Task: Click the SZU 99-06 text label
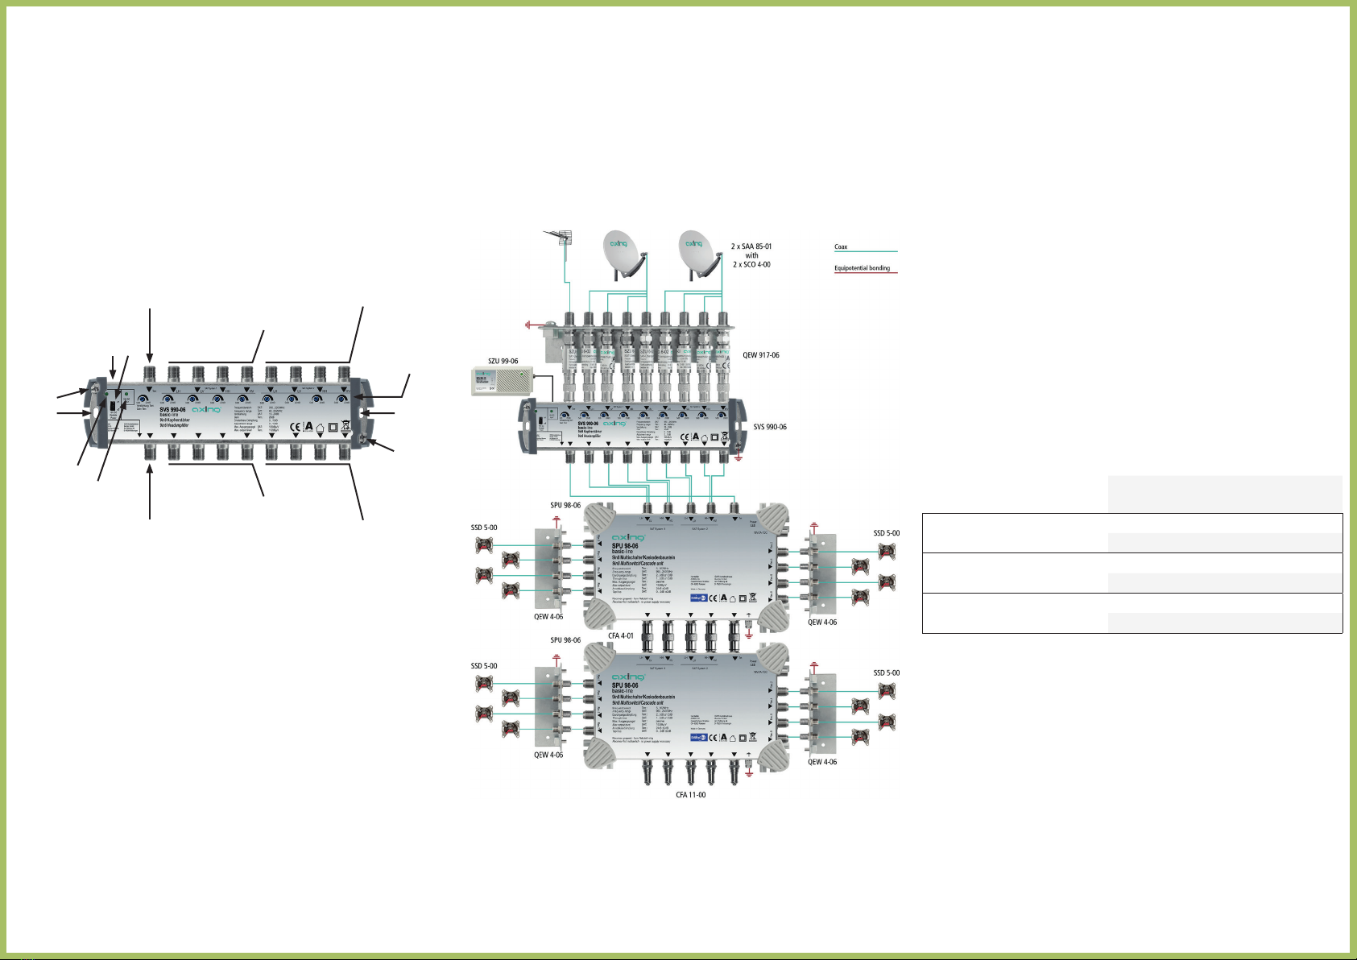tap(503, 362)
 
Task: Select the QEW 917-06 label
tap(760, 355)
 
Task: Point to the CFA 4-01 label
tap(620, 635)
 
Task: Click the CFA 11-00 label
tap(690, 795)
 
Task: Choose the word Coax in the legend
tap(841, 247)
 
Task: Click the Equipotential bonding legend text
tap(862, 268)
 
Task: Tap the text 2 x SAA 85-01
tap(751, 246)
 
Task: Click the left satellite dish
tap(623, 250)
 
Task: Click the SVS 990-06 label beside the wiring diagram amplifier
tap(770, 427)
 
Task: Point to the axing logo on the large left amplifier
tap(207, 410)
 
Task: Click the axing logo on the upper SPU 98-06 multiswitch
tap(628, 537)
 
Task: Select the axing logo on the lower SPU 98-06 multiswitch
tap(628, 677)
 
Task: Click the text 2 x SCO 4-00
tap(751, 264)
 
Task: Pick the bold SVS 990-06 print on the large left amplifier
tap(172, 410)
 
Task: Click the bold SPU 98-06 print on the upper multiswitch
tap(625, 547)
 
